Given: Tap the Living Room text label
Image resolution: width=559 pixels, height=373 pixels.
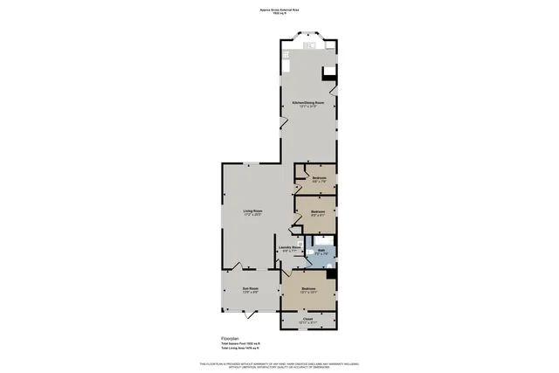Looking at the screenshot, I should pos(252,211).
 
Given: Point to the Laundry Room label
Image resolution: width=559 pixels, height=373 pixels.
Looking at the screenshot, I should pos(291,248).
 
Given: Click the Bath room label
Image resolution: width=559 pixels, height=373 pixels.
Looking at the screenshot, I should pos(321,251).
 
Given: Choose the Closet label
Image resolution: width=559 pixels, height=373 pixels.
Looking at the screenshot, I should pos(307,320).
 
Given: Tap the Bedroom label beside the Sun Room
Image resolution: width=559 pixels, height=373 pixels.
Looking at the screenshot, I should pos(308,289).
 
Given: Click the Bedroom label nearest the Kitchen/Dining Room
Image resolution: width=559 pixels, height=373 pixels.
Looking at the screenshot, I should pos(319,178).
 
